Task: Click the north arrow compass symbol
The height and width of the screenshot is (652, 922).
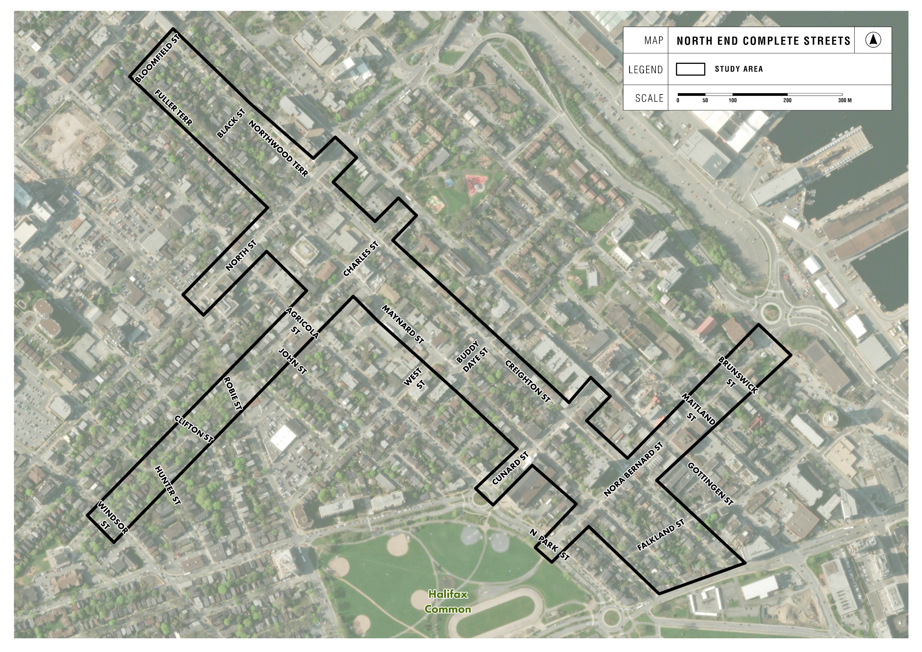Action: click(x=873, y=40)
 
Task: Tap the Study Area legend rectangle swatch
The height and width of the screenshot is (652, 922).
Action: click(x=690, y=69)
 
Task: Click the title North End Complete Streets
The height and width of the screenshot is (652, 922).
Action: click(x=763, y=41)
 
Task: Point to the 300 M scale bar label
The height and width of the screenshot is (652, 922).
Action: click(x=845, y=100)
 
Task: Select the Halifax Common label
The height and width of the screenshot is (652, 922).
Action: click(x=448, y=602)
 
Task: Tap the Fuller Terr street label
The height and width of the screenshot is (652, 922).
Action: click(x=174, y=108)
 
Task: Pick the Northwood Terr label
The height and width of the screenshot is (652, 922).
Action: click(x=278, y=149)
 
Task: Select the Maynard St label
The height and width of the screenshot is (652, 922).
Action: click(x=403, y=325)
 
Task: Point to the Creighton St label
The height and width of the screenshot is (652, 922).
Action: click(x=527, y=381)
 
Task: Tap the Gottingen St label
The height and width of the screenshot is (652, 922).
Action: click(x=710, y=484)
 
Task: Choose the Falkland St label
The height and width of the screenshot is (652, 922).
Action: click(x=661, y=535)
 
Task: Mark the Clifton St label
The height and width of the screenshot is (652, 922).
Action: click(x=193, y=429)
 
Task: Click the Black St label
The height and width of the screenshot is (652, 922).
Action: click(x=231, y=123)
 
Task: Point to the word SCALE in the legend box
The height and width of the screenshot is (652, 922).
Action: click(x=649, y=98)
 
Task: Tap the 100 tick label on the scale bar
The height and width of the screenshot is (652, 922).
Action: click(x=733, y=100)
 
